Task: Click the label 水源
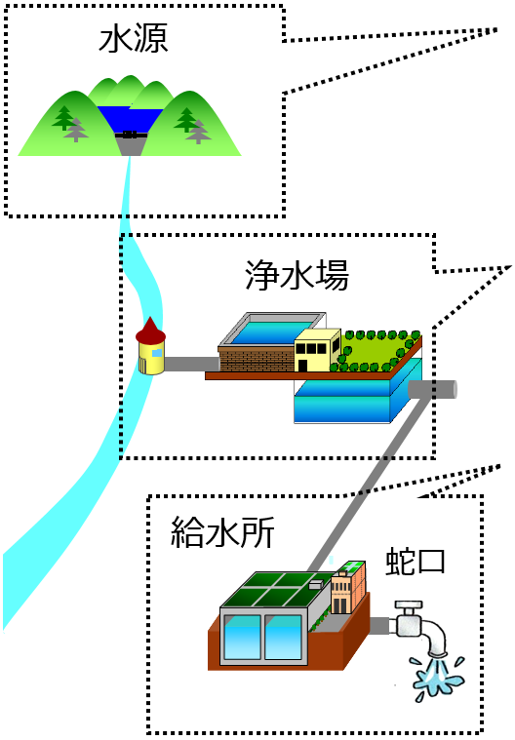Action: pos(133,39)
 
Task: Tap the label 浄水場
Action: pos(297,275)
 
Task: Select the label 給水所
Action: pos(222,532)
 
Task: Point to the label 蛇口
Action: pos(416,562)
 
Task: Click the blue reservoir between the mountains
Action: pos(130,118)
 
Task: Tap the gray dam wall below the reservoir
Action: pos(130,145)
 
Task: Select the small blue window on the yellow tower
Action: pos(157,353)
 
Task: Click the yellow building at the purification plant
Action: pos(317,350)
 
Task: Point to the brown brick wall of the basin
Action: pos(257,359)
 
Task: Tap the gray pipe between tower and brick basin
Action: pos(192,364)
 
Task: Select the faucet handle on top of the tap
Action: pos(409,606)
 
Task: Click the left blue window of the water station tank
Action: pos(243,637)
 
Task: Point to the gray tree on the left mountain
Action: pos(75,130)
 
